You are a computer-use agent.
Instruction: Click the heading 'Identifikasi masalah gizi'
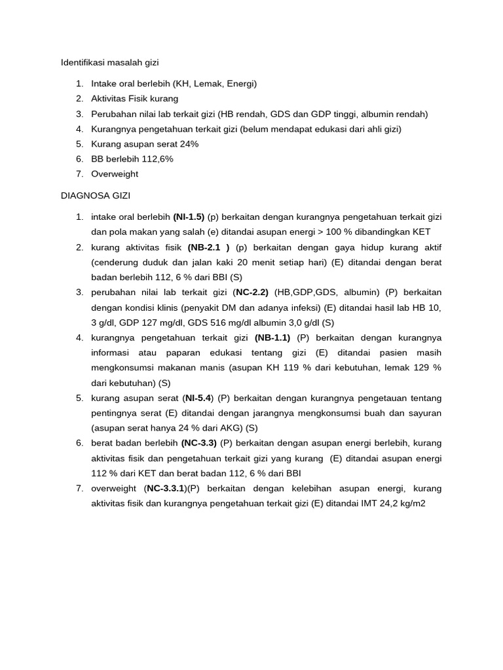(x=110, y=63)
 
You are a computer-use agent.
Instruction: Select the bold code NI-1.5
(x=189, y=217)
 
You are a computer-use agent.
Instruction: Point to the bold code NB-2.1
(x=208, y=247)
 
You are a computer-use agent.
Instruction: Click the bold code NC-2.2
(x=252, y=292)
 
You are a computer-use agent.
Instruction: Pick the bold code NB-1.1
(x=272, y=338)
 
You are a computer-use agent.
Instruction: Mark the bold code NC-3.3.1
(x=166, y=488)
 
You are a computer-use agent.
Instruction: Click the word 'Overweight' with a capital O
(x=115, y=174)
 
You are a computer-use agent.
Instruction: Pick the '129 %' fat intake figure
(x=427, y=368)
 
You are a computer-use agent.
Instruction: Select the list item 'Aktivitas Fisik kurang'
(x=134, y=99)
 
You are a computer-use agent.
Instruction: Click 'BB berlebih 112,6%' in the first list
(x=132, y=159)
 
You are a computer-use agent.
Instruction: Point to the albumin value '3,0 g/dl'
(x=302, y=323)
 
